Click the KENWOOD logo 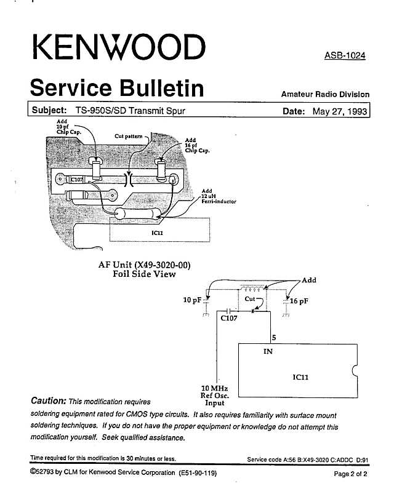coord(119,47)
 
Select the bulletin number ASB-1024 coord(345,56)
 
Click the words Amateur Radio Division coord(325,94)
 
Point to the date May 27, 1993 coord(340,111)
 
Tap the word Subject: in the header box coord(49,110)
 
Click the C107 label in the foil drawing coord(77,180)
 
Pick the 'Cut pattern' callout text coord(128,137)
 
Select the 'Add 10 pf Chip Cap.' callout coord(69,127)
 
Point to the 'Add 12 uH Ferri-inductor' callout coord(219,196)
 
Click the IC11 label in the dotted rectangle coord(157,233)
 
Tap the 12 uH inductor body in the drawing coord(137,213)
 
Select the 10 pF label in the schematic coord(192,300)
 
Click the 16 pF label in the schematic coord(299,301)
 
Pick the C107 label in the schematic coord(229,318)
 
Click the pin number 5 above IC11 coord(274,338)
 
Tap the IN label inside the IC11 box coord(268,351)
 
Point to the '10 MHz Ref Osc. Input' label coord(215,396)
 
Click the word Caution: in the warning coord(49,400)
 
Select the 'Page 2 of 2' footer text coord(350,474)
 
